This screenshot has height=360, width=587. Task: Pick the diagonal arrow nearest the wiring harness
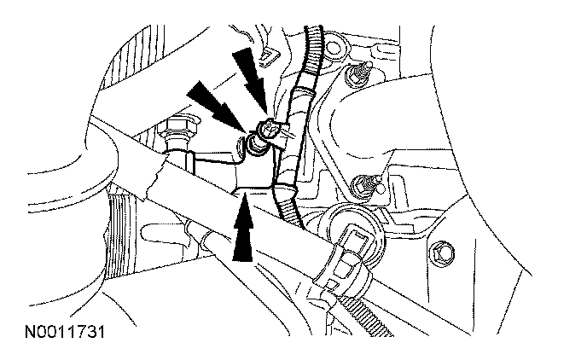[250, 78]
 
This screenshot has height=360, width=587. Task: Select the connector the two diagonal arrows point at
[265, 132]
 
